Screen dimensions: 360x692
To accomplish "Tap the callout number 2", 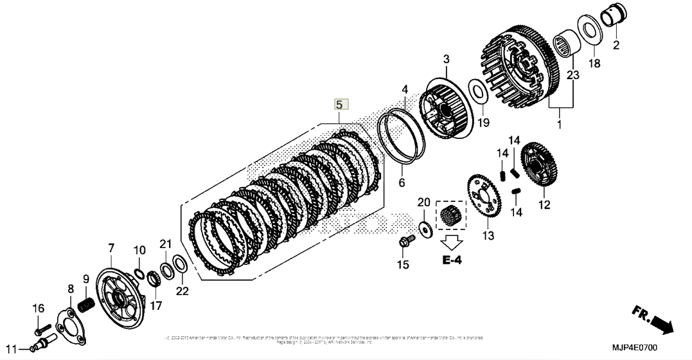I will pyautogui.click(x=616, y=45).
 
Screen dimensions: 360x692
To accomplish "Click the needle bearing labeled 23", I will pyautogui.click(x=564, y=40).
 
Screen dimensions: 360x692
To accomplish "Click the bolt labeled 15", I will pyautogui.click(x=404, y=242).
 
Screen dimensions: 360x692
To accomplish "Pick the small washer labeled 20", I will pyautogui.click(x=423, y=226).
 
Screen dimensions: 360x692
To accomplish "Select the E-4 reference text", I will pyautogui.click(x=452, y=260).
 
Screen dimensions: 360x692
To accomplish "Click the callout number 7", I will pyautogui.click(x=111, y=248).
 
